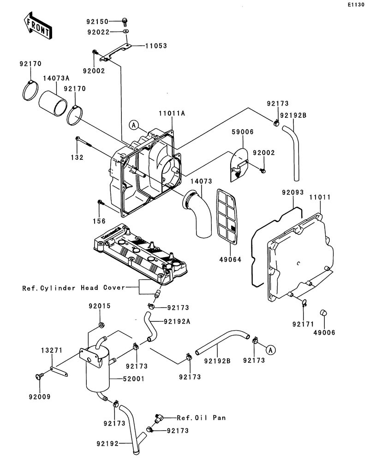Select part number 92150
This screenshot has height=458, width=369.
point(97,21)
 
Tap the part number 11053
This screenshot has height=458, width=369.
point(156,46)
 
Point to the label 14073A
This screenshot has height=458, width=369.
point(56,78)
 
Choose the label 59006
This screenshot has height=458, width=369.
point(242,132)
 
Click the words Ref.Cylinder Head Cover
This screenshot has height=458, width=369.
point(73,288)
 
